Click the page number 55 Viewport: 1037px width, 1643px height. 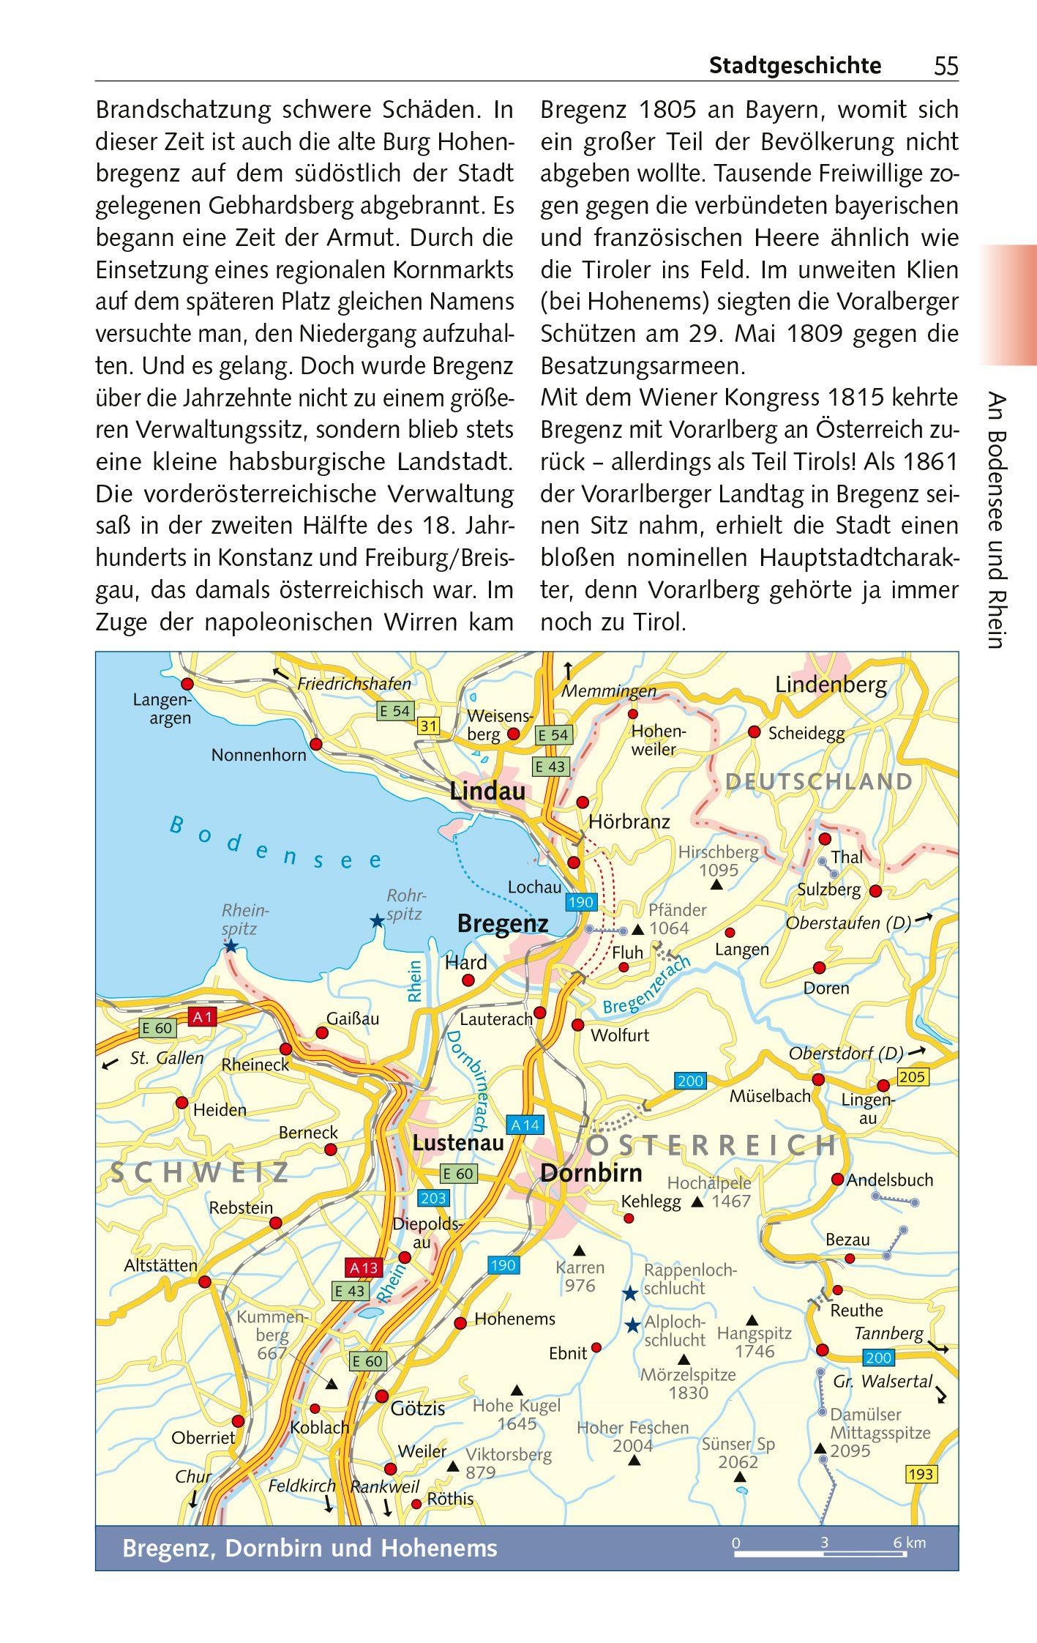[945, 67]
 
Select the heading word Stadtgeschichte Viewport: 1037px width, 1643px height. [795, 66]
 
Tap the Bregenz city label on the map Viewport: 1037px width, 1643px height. [502, 924]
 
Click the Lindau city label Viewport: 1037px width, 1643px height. [487, 791]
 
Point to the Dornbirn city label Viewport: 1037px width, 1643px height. [591, 1172]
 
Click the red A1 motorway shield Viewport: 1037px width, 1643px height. [203, 1016]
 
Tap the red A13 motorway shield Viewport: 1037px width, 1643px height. [364, 1267]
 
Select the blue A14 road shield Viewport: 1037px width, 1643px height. [524, 1125]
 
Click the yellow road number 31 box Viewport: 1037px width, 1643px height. [428, 726]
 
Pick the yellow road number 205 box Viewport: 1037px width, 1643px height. [911, 1077]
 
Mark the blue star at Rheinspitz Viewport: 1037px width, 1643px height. [231, 947]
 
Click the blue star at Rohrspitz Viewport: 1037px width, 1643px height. [377, 921]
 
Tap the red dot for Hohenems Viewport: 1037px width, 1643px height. [460, 1323]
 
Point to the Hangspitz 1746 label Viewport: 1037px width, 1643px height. [754, 1342]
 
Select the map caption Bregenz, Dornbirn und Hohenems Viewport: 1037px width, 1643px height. [310, 1548]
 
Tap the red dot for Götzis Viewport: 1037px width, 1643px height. [381, 1396]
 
